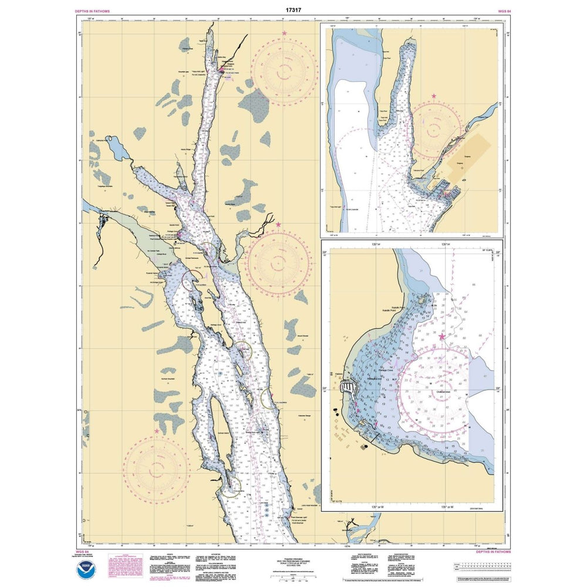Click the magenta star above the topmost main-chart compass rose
point(285,33)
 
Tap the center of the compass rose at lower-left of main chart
point(156,470)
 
